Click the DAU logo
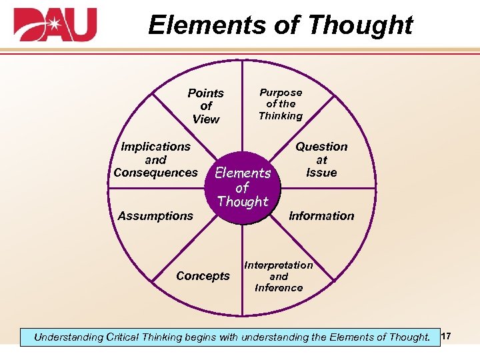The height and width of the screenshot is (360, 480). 55,25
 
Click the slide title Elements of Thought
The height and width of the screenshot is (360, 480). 280,25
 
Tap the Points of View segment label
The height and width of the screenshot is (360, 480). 205,106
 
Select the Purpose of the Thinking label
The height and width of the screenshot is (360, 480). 281,104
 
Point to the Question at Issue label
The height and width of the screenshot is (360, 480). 321,159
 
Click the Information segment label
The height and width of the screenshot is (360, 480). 321,216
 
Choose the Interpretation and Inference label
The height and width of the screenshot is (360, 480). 279,276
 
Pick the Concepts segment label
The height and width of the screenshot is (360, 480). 203,276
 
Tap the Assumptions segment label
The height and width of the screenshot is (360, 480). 155,216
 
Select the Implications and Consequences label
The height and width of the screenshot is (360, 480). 155,159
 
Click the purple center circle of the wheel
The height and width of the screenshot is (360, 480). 243,187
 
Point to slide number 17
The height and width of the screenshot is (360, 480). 447,337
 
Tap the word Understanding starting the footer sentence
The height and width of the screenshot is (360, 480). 67,337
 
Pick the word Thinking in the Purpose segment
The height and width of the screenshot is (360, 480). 281,116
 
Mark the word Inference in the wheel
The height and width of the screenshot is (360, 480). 279,288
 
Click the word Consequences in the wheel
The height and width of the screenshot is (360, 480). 155,173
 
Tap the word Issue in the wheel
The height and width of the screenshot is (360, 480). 321,173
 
